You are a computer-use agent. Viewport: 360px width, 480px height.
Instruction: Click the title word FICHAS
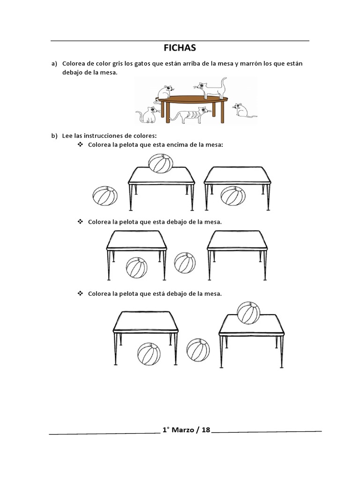tap(180, 48)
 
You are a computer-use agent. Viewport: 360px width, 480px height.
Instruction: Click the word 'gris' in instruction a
tap(118, 64)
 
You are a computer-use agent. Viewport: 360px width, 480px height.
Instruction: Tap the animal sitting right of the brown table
tap(244, 111)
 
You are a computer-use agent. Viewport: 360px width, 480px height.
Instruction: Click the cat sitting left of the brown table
tap(148, 114)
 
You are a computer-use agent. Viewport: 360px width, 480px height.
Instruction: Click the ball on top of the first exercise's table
tap(161, 164)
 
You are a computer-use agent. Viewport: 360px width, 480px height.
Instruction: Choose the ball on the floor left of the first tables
tap(105, 196)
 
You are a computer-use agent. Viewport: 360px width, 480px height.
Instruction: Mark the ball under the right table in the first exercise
tap(233, 196)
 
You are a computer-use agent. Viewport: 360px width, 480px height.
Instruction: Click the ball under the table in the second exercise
tap(136, 268)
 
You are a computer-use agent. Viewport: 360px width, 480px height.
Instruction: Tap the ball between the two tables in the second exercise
tap(185, 263)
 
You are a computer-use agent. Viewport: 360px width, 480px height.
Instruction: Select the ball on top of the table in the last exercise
tap(248, 313)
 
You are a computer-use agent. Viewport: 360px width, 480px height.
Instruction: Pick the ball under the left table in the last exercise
tap(149, 354)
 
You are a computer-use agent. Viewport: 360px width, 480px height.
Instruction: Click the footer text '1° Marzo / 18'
tap(187, 430)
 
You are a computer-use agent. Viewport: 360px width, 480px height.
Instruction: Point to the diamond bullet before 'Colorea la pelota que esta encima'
tap(80, 144)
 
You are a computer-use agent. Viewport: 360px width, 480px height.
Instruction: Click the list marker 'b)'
tap(54, 135)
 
